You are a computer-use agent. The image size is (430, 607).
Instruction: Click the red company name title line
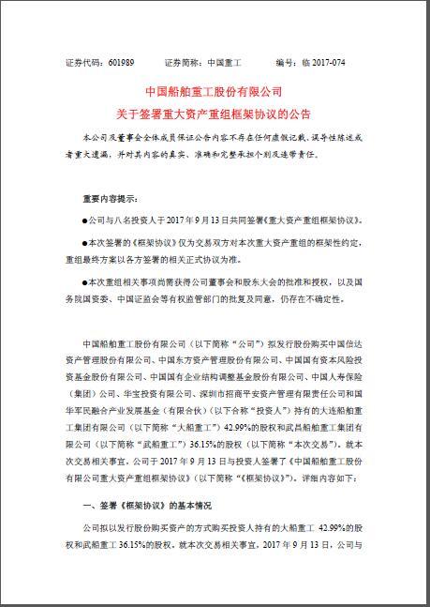coord(215,93)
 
